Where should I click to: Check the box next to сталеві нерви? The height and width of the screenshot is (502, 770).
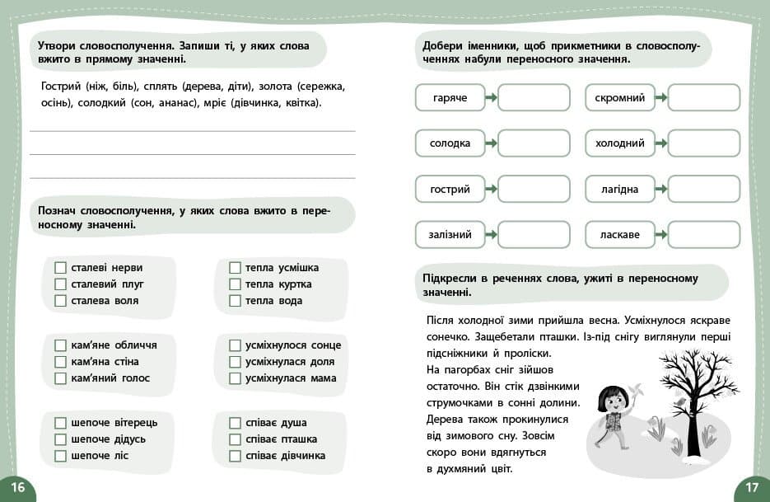(60, 268)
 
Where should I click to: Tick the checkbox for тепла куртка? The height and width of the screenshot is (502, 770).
(235, 284)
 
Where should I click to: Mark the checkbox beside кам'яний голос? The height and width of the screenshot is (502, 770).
(60, 378)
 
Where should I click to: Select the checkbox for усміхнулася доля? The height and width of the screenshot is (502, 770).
(235, 362)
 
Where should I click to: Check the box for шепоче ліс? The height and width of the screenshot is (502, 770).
(60, 456)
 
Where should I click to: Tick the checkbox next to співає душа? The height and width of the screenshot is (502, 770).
(235, 423)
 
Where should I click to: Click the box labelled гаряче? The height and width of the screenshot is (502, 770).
(450, 98)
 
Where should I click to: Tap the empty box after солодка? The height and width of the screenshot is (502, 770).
(534, 143)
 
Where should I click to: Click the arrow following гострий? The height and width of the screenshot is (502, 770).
(491, 189)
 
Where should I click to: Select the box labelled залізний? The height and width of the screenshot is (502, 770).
(450, 235)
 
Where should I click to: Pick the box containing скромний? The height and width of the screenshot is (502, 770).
(620, 98)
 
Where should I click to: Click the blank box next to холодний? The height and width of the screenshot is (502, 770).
(703, 143)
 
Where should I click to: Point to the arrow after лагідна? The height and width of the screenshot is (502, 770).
(661, 189)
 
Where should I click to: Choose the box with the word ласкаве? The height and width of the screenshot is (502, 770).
(620, 235)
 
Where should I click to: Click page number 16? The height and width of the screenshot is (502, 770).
(17, 487)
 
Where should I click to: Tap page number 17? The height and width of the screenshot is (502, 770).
(751, 487)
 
